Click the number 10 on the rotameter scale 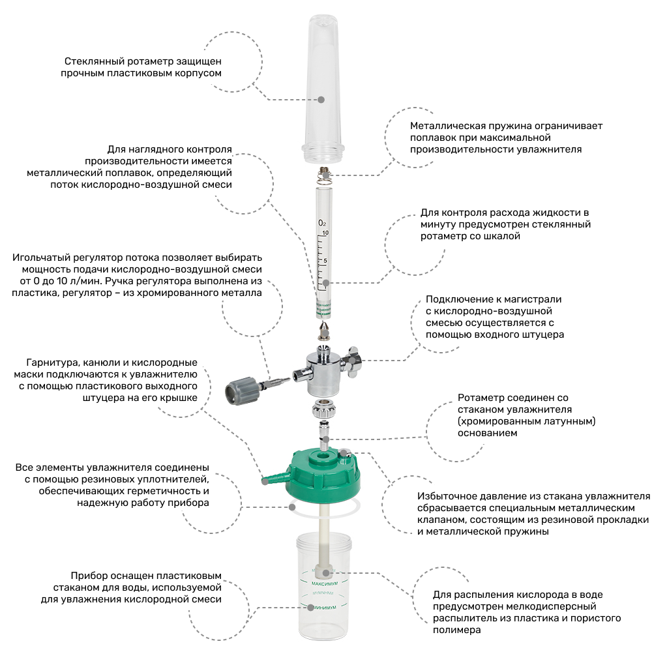click(x=325, y=233)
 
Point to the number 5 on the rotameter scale click(x=325, y=261)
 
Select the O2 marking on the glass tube click(x=322, y=223)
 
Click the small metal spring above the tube click(x=324, y=176)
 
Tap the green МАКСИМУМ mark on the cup click(x=324, y=584)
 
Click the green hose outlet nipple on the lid click(x=274, y=478)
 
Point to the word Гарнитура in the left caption click(x=50, y=363)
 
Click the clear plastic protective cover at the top click(x=323, y=89)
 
